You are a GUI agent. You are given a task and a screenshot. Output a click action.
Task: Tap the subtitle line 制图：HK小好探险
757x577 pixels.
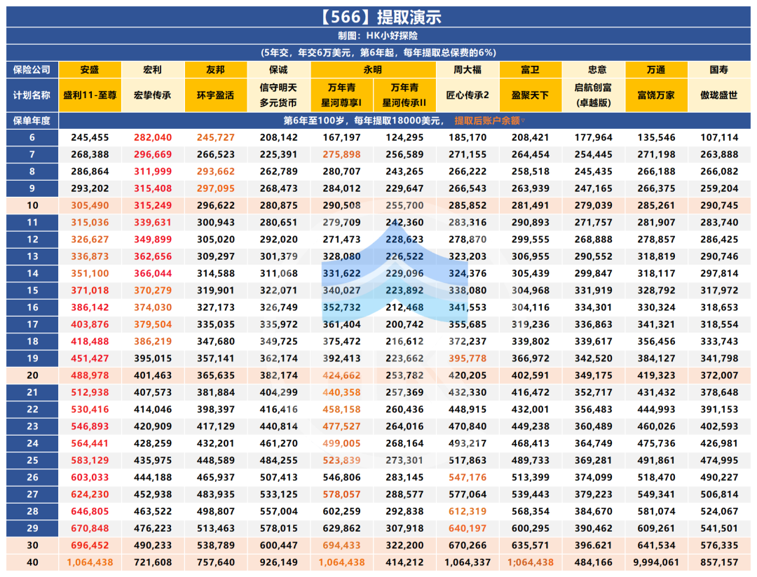[378, 35]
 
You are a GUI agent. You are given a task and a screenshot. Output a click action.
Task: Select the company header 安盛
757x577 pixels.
[90, 69]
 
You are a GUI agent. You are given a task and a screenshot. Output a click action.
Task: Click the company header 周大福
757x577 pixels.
[468, 69]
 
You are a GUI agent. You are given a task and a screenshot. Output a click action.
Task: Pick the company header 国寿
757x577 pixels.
[719, 69]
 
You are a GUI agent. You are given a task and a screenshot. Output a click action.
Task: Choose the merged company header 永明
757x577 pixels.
[373, 69]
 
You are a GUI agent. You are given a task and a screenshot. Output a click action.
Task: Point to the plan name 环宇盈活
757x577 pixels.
[215, 95]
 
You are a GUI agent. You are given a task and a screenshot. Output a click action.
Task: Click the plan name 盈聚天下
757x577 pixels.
[530, 95]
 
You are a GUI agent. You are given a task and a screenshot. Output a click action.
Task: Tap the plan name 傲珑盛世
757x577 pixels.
[719, 95]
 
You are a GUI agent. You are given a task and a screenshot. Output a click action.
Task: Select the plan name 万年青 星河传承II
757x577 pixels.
[404, 95]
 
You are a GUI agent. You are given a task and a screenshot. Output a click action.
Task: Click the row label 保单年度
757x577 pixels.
[32, 120]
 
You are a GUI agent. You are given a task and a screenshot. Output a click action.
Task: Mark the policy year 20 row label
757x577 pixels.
[32, 375]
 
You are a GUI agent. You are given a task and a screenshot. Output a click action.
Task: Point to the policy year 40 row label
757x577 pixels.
[32, 562]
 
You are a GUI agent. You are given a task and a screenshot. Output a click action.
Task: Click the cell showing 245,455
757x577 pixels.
[90, 137]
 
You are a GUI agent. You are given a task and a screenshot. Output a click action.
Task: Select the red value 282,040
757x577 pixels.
[152, 137]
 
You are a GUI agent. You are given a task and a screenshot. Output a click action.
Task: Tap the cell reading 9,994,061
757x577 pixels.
[656, 562]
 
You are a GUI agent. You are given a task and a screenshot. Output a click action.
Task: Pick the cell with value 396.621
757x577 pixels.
[593, 545]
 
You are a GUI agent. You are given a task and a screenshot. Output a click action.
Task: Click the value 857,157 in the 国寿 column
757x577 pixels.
[719, 562]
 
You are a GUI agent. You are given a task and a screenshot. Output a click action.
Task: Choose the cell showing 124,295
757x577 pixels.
[404, 137]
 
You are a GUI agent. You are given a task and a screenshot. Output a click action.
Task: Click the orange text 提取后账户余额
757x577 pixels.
[487, 120]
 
